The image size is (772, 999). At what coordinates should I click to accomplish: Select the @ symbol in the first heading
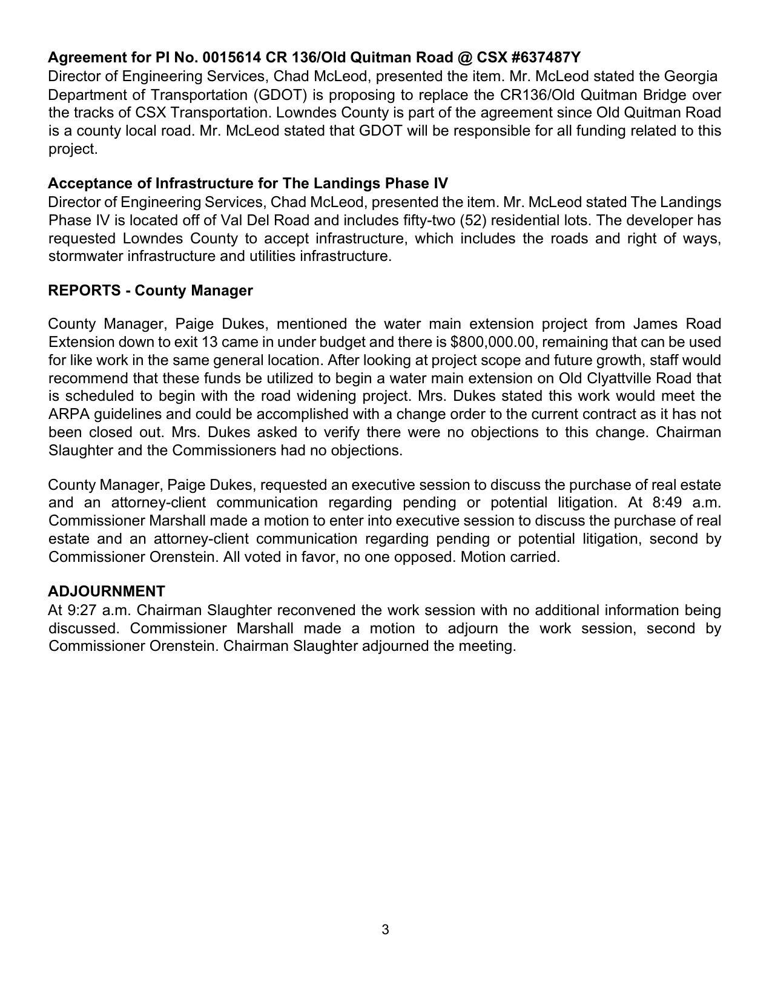pos(465,58)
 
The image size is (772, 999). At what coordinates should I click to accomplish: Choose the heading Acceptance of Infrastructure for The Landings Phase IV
pos(248,183)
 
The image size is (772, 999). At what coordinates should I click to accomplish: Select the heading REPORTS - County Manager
pos(150,291)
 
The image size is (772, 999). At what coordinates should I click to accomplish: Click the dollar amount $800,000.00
pos(493,342)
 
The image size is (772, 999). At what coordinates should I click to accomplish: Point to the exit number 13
pos(209,342)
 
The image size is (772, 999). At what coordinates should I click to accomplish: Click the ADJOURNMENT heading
pos(107,592)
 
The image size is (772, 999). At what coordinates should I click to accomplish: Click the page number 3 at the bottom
pos(386,930)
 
